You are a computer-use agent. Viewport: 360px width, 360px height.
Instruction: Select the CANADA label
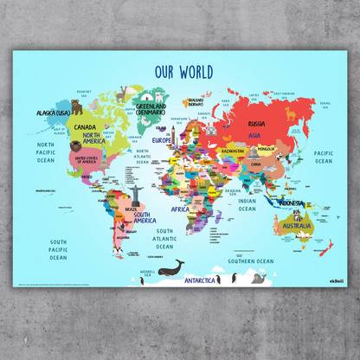click(88, 125)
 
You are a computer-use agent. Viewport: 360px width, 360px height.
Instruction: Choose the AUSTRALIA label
click(296, 225)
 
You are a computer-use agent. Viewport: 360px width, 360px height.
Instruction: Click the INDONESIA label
click(291, 203)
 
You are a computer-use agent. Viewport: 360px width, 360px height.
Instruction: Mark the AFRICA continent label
click(179, 209)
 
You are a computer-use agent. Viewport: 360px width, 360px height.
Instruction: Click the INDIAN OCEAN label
click(247, 205)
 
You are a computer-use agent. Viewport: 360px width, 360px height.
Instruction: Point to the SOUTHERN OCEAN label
click(251, 260)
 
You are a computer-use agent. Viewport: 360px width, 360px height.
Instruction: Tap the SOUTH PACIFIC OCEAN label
click(59, 249)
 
